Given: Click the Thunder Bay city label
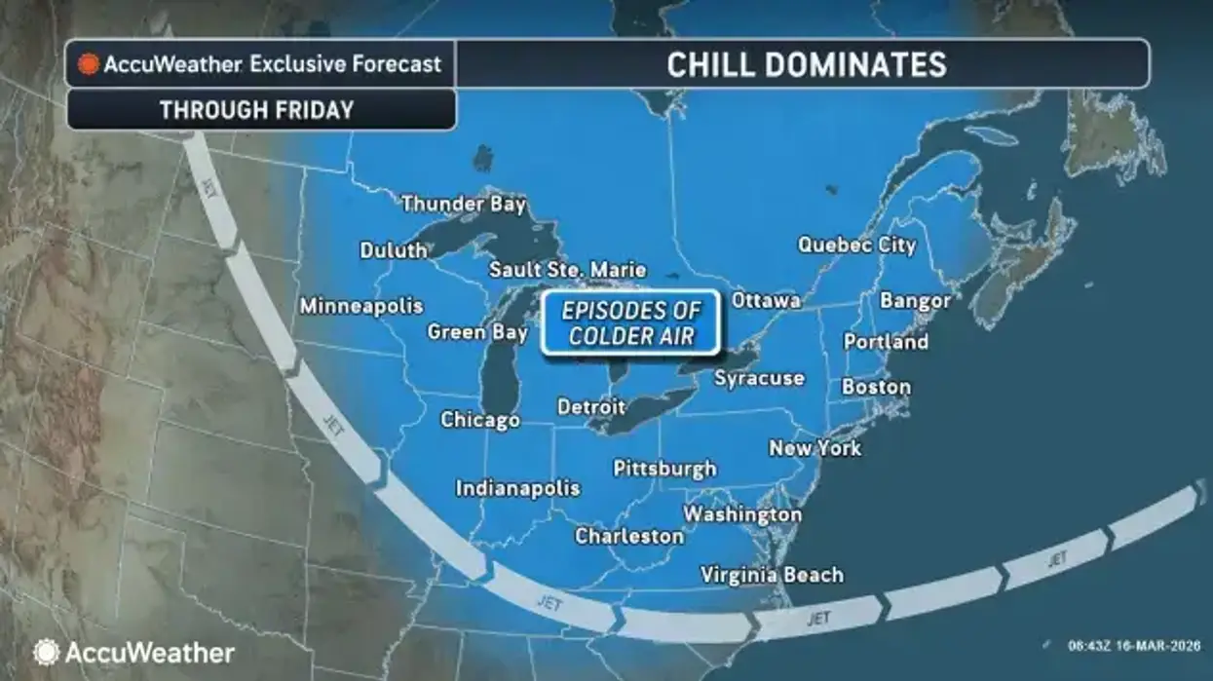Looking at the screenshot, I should point(464,204).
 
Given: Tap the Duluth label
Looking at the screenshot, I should point(394,250).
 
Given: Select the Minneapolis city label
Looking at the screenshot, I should point(360,306).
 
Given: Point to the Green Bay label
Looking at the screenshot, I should point(477,332).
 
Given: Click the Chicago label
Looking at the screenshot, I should point(479,420).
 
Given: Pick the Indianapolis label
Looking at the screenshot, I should point(517,488).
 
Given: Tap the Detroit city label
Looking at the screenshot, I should point(591,406).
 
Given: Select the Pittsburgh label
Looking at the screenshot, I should point(664,469).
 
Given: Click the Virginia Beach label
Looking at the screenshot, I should point(772,575).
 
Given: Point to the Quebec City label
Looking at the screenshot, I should point(856,245).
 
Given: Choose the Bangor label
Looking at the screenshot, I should point(915,300).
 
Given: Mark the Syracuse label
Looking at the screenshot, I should point(759,378).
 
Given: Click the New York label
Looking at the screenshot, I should point(815,448).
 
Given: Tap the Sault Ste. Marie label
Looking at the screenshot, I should point(567,269).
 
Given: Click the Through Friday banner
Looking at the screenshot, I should point(257,109).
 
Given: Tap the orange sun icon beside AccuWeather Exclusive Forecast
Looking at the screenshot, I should point(89,65).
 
